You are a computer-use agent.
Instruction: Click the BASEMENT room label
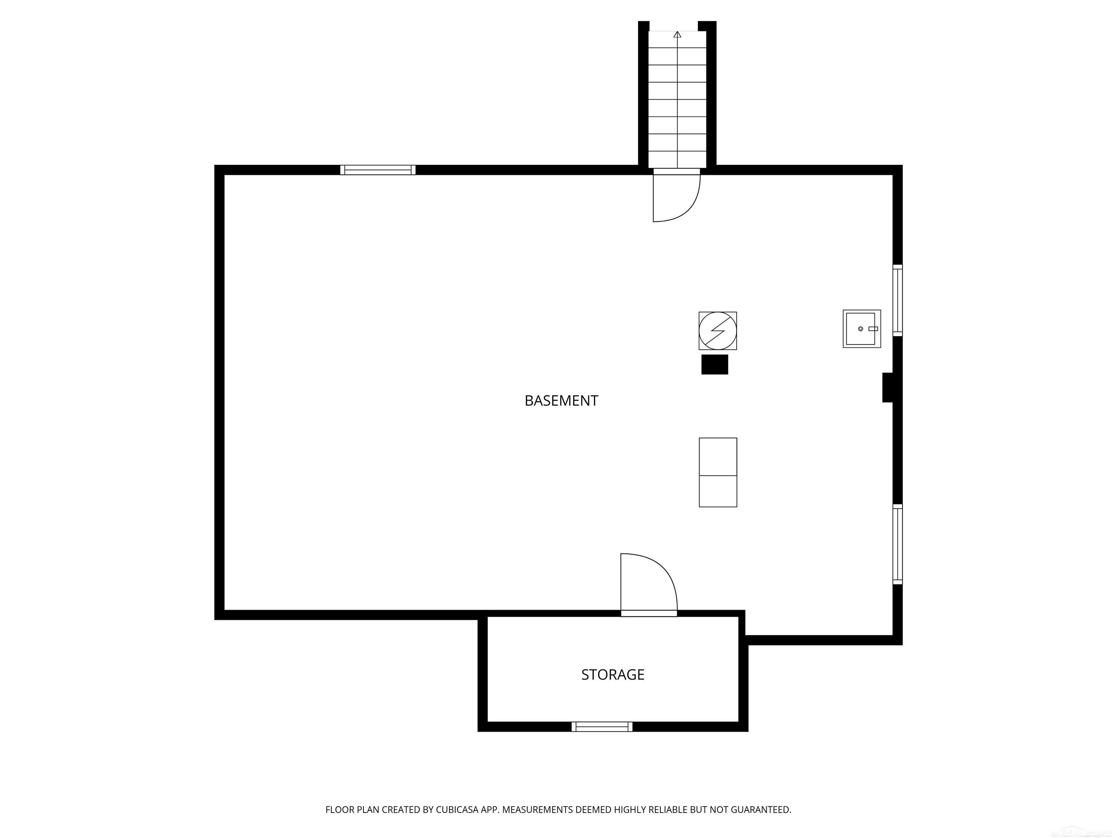[561, 400]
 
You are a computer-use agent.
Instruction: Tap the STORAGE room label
[613, 674]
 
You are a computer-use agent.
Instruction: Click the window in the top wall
[378, 170]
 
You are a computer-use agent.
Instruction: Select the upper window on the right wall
[897, 300]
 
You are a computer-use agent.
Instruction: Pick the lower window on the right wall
[897, 544]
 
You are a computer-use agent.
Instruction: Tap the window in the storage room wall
[601, 726]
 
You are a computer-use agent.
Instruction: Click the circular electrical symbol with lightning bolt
[717, 331]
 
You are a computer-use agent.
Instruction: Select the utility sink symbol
[861, 329]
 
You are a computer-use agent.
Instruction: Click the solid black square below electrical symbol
[714, 364]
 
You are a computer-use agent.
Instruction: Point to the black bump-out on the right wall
[887, 387]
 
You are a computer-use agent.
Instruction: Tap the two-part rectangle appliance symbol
[717, 472]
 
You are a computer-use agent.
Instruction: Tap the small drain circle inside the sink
[860, 329]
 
